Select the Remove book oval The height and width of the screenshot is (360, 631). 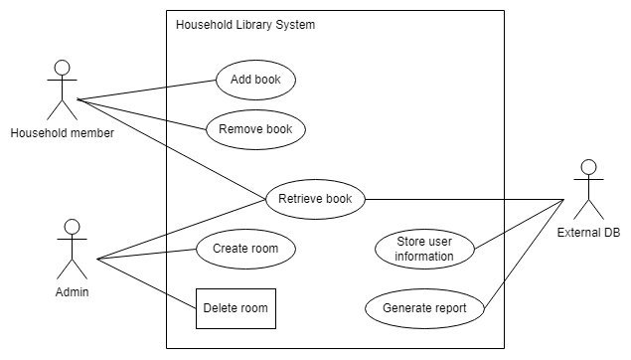point(255,129)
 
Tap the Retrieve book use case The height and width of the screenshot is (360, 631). point(315,199)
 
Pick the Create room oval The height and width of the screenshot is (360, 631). point(245,249)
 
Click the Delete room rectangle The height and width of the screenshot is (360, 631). point(236,308)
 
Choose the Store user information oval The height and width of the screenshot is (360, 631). point(425,249)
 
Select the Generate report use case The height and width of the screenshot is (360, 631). point(424,308)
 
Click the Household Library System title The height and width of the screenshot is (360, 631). point(245,25)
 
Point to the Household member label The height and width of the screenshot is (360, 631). point(62,133)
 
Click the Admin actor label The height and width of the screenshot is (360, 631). point(70,292)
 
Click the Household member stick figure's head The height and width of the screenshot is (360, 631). point(63,69)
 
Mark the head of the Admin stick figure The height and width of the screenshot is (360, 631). point(71,228)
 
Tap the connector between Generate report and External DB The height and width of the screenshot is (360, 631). point(527,249)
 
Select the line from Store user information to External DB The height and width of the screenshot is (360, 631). point(517,224)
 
